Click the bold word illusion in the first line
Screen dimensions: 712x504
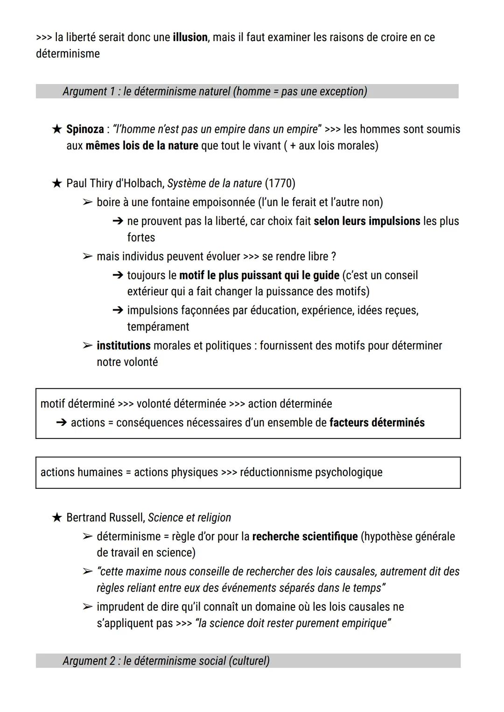190,37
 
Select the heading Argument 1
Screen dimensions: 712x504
215,92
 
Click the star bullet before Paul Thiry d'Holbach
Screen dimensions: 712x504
56,183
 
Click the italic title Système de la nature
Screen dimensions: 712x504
214,183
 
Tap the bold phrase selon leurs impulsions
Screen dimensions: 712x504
367,221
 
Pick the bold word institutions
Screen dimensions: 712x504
123,346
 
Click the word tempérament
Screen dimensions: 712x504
158,327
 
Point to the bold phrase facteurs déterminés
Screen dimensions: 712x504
377,423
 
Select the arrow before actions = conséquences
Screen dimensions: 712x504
61,423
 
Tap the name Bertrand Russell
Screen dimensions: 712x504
105,518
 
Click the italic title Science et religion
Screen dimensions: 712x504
189,518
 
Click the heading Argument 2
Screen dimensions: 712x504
166,661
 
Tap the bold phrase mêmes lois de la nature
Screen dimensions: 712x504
142,146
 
